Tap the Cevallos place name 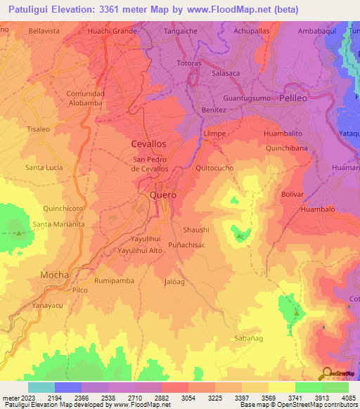[149, 143]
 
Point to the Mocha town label [54, 274]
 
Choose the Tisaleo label [38, 129]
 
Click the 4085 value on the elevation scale [349, 397]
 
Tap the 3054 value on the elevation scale [188, 397]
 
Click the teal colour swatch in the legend [41, 387]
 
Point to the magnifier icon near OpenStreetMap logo [327, 372]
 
